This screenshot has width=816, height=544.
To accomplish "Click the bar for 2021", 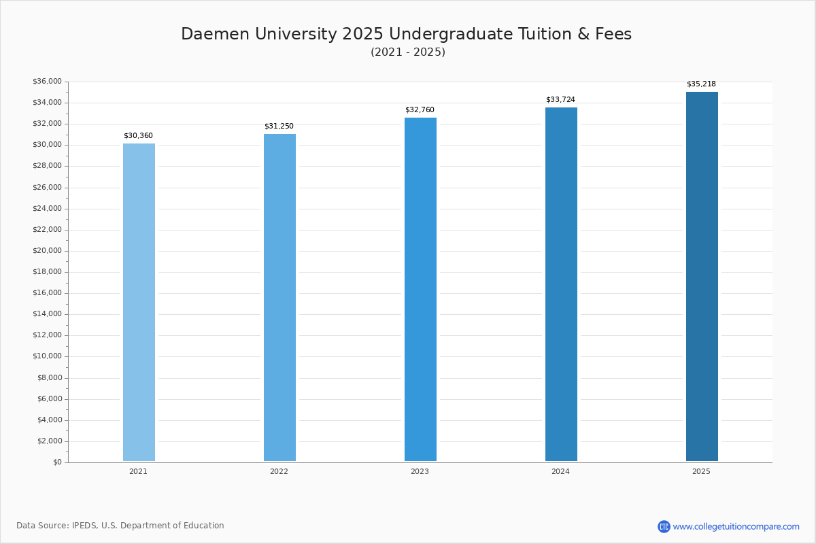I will [139, 302].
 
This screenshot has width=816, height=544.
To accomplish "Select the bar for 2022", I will [279, 297].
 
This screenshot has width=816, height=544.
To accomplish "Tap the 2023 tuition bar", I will [420, 289].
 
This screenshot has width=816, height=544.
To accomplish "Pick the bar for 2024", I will [561, 284].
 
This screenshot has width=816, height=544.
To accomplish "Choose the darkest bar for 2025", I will [702, 276].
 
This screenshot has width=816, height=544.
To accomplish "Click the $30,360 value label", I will [138, 136].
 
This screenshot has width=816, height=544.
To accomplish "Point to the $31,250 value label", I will [279, 126].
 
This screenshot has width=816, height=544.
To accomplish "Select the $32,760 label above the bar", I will [420, 110].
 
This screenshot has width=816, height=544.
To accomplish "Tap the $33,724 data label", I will [560, 100].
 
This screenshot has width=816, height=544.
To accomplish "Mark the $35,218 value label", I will [701, 84].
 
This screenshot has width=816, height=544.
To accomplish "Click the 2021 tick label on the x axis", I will [138, 471].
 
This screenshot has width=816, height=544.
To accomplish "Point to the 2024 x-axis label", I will [560, 471].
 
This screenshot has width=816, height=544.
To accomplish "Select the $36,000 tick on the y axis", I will [47, 82].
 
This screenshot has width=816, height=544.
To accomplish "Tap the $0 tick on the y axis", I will [57, 462].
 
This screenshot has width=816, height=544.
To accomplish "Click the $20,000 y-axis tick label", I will [47, 251].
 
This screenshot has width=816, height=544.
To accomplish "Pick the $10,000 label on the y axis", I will [47, 356].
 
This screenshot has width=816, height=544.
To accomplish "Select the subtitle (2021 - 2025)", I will [408, 52].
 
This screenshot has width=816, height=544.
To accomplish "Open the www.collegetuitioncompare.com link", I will [736, 526].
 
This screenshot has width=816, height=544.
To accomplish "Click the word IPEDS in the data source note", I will [84, 526].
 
